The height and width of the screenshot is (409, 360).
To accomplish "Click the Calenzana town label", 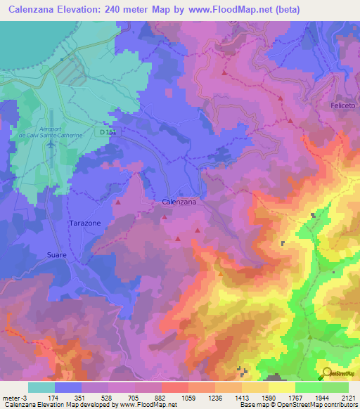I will (179, 202).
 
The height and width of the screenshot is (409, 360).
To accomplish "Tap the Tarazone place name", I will (84, 223).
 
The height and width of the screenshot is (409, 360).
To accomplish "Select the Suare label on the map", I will (57, 254).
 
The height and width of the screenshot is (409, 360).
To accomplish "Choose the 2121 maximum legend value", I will (347, 397).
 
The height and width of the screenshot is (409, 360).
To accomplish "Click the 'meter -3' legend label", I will (13, 397).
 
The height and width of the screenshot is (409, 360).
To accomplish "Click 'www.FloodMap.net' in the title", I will (226, 10).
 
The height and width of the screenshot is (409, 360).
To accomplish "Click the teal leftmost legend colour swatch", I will (41, 387).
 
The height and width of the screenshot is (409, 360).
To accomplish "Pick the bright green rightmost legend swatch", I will (335, 387).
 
